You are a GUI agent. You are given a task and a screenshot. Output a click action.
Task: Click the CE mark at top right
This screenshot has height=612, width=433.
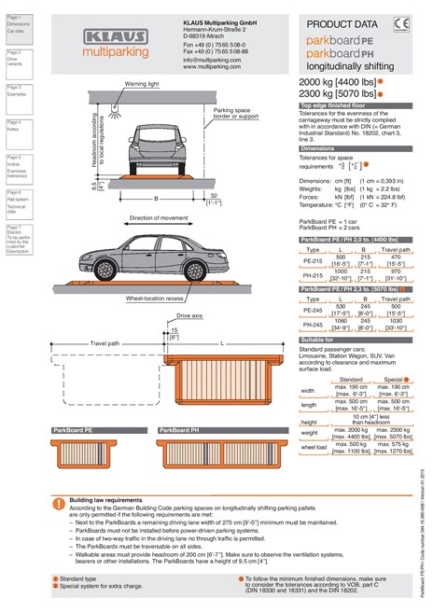[402, 24]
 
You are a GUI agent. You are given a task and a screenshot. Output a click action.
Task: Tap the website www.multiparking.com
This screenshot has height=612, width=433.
[213, 67]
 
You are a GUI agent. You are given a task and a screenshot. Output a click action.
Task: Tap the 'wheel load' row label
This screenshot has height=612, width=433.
[314, 448]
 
